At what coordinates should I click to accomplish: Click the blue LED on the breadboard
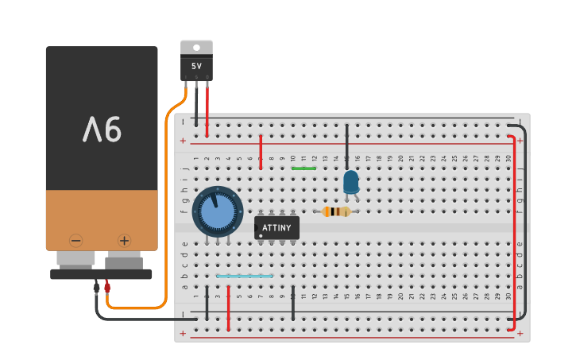tap(350, 182)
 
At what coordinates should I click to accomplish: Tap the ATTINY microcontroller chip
tap(276, 228)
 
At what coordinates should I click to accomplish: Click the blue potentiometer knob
tap(217, 212)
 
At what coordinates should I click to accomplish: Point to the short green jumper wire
tap(303, 168)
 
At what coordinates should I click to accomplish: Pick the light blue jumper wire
tap(245, 277)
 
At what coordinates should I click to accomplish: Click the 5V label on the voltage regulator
tap(196, 67)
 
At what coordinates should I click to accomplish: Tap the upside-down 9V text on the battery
tap(102, 129)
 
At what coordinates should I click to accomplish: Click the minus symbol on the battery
tap(76, 240)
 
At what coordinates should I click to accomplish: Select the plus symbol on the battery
tap(125, 240)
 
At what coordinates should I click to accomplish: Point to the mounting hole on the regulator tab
tap(196, 47)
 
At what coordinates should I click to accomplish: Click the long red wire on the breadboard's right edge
tap(514, 230)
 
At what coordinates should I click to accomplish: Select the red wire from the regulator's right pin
tap(207, 103)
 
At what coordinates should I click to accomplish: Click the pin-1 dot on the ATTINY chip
tap(261, 235)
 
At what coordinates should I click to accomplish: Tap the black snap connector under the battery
tap(101, 274)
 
